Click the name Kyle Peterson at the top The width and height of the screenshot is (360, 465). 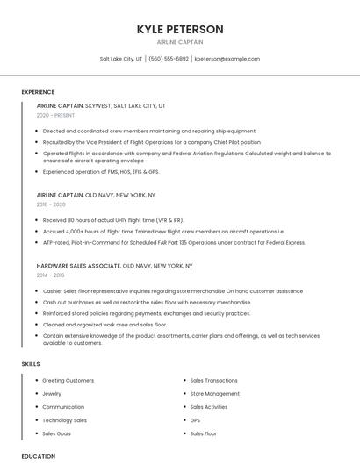180,29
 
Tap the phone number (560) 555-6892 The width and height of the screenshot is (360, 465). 169,59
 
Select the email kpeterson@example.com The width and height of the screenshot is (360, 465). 227,59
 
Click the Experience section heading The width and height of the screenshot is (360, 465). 38,91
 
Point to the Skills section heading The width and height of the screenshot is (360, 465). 31,363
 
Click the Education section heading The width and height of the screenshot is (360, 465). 39,456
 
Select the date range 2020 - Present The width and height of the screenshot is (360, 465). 55,115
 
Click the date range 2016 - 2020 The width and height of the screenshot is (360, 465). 51,204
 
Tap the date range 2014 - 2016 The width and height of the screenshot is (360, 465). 50,275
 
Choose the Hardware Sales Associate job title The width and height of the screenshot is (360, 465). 79,265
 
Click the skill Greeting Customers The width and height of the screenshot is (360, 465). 68,380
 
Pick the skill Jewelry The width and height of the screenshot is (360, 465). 53,394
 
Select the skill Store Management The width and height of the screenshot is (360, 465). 214,394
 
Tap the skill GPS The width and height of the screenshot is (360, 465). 195,420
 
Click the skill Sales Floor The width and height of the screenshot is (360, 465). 203,433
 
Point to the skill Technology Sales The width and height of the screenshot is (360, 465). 64,420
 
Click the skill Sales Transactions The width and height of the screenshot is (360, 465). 213,380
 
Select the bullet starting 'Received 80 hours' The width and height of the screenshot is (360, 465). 112,220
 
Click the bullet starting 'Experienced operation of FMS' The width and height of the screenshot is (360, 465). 100,172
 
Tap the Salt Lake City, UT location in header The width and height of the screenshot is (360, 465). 121,59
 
